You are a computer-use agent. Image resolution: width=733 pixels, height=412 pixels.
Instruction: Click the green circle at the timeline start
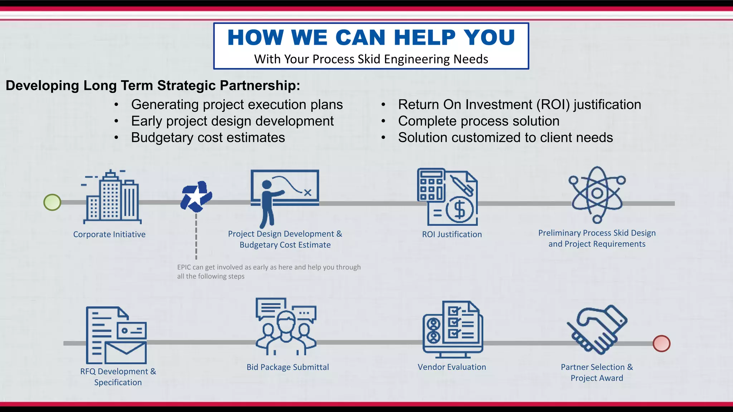[52, 202]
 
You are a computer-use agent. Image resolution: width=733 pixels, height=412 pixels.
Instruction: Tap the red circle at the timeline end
[661, 344]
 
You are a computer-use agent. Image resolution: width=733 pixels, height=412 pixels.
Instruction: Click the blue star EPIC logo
[196, 197]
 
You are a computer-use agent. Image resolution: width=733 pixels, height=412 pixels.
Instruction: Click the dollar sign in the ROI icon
[460, 210]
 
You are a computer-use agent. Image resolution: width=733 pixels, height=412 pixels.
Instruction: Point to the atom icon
[597, 194]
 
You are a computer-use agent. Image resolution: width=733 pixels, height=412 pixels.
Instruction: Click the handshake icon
[597, 329]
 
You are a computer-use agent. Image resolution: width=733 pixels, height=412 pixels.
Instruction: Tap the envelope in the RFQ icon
[126, 352]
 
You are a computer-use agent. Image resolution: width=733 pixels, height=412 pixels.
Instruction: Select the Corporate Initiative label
[109, 235]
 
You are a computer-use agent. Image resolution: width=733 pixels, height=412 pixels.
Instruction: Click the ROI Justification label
[452, 235]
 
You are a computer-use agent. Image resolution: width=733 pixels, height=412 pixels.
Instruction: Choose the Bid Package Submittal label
[287, 367]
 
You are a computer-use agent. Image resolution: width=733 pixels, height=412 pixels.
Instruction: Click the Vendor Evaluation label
[452, 367]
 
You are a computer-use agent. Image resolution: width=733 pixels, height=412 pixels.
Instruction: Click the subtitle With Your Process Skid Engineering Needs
[371, 59]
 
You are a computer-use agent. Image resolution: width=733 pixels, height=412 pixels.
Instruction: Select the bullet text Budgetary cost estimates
[208, 138]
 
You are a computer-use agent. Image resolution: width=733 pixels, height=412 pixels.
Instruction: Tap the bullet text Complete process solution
[478, 121]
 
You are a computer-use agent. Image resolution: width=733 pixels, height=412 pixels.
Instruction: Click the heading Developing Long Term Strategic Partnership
[153, 86]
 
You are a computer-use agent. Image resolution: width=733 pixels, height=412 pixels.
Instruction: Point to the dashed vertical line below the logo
[196, 236]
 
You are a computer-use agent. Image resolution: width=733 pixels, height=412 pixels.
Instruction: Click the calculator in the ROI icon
[431, 185]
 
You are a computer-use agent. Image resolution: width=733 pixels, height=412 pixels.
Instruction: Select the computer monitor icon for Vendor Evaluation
[452, 330]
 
